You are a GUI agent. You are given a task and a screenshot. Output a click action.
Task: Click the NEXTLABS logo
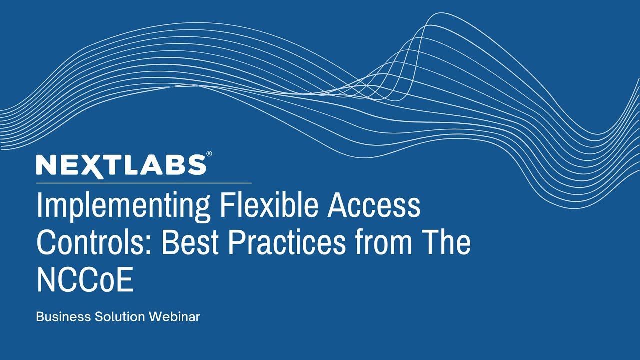pyautogui.click(x=121, y=165)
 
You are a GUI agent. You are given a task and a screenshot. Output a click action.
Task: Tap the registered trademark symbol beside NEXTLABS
pyautogui.click(x=209, y=154)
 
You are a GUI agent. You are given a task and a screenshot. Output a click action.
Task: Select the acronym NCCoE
pyautogui.click(x=85, y=280)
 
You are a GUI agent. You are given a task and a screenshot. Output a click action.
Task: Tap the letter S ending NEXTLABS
pyautogui.click(x=196, y=165)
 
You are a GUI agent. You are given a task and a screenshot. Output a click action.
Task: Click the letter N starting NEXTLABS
pyautogui.click(x=45, y=165)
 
